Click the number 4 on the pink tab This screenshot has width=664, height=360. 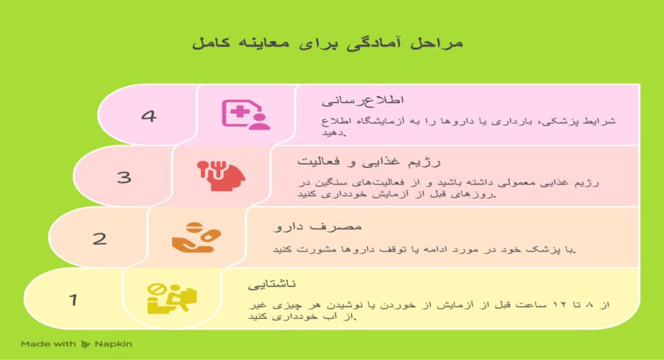[149, 117]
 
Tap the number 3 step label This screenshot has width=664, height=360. [124, 177]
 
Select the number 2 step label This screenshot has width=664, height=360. [99, 239]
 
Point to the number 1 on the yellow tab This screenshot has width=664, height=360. [74, 300]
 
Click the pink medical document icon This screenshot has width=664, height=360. [246, 115]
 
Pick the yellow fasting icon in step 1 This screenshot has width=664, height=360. [171, 298]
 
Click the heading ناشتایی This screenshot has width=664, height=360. [272, 284]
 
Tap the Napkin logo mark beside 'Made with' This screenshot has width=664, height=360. [86, 344]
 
